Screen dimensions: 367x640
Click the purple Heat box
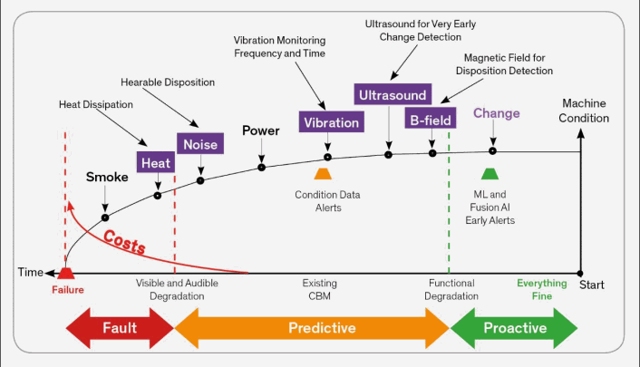154,163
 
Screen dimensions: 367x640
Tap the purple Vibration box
331,122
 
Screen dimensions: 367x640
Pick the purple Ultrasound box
391,94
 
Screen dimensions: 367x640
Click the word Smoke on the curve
107,177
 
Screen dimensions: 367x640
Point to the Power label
260,130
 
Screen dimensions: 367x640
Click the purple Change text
497,113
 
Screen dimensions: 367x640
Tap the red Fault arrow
118,328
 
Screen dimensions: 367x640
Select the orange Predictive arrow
311,328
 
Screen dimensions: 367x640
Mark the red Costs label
123,241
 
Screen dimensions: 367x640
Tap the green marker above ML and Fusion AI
490,173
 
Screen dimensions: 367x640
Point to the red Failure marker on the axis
65,273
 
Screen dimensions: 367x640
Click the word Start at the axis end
591,286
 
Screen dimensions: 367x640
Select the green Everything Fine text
541,289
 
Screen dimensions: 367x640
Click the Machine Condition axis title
585,111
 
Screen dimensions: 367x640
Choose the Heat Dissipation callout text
95,103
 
